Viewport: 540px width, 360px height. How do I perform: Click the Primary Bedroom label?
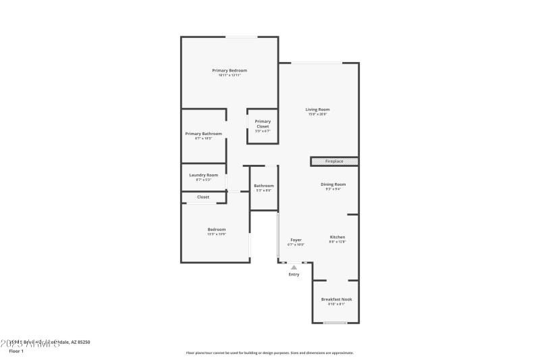pyautogui.click(x=230, y=71)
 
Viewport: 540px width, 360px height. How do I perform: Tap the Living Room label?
pyautogui.click(x=317, y=109)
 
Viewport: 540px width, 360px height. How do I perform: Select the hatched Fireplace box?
pyautogui.click(x=334, y=161)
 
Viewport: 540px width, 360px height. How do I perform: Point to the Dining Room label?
pyautogui.click(x=333, y=184)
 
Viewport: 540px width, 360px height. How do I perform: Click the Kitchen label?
pyautogui.click(x=337, y=237)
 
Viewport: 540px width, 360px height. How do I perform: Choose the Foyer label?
pyautogui.click(x=296, y=240)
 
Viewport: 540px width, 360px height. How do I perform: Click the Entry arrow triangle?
pyautogui.click(x=294, y=267)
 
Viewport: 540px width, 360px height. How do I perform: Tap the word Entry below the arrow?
pyautogui.click(x=294, y=274)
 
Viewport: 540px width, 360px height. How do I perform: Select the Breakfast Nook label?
pyautogui.click(x=336, y=299)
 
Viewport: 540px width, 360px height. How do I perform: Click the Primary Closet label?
pyautogui.click(x=263, y=124)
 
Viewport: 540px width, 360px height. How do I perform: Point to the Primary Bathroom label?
pyautogui.click(x=203, y=134)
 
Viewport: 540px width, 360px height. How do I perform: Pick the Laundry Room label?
pyautogui.click(x=203, y=175)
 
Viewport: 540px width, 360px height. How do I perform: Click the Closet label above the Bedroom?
pyautogui.click(x=203, y=197)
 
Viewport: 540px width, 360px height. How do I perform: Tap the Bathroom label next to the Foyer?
pyautogui.click(x=264, y=186)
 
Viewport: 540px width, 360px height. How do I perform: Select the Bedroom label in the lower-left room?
pyautogui.click(x=217, y=230)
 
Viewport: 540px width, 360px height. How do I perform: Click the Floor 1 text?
pyautogui.click(x=16, y=351)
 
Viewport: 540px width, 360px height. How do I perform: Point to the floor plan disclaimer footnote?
pyautogui.click(x=269, y=353)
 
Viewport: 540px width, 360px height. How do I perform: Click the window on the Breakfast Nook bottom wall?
pyautogui.click(x=335, y=323)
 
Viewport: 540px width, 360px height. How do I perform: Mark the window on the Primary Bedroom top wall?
pyautogui.click(x=241, y=37)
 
